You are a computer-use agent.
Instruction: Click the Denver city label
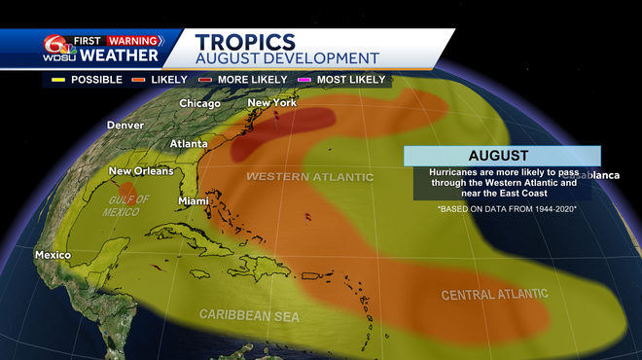(x=125, y=126)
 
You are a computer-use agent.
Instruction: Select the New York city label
(x=271, y=102)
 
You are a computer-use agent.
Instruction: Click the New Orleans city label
(x=140, y=171)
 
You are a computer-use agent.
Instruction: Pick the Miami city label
(x=195, y=201)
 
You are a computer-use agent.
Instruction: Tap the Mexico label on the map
(x=53, y=255)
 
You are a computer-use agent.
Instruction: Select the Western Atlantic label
(x=309, y=177)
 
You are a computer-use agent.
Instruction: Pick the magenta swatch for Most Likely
(x=303, y=80)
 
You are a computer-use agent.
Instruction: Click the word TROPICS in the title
(x=245, y=41)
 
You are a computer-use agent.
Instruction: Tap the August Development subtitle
(x=287, y=58)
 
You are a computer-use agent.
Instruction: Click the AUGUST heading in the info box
(x=498, y=156)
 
